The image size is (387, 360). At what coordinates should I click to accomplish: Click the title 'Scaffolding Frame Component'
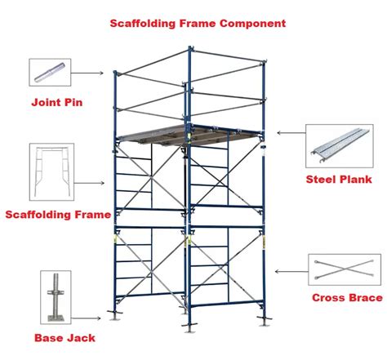[198, 23]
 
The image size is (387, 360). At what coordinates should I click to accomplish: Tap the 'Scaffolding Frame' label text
[57, 216]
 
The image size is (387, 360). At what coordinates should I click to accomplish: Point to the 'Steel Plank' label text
[339, 178]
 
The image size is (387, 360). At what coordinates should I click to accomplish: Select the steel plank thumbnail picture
[338, 145]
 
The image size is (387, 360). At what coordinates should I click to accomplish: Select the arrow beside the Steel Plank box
[288, 133]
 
